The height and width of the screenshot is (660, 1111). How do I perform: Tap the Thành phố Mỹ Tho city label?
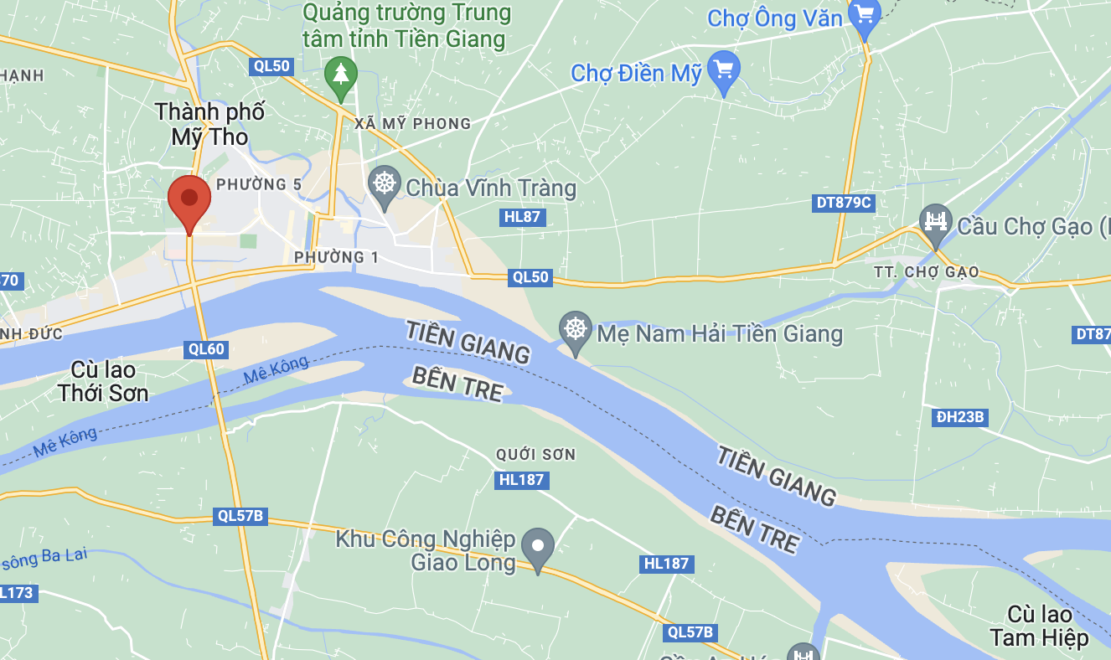click(209, 124)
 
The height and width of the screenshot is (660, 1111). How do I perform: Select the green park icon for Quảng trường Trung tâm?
click(341, 75)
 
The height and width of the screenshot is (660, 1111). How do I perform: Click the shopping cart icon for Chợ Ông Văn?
click(864, 15)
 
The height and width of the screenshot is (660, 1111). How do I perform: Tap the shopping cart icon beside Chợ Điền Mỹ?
click(723, 70)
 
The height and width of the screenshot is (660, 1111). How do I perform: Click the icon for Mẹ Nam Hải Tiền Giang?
click(576, 329)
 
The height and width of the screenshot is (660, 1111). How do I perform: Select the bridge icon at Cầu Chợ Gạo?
click(936, 223)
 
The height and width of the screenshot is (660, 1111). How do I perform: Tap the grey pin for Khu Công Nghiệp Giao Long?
click(538, 546)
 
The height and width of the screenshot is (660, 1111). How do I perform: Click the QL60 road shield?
click(206, 349)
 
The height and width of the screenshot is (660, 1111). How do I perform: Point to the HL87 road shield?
click(523, 218)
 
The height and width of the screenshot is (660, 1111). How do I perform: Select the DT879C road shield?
click(844, 203)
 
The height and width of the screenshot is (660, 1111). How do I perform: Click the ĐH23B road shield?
click(959, 417)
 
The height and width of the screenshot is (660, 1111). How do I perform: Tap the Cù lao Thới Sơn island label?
click(104, 381)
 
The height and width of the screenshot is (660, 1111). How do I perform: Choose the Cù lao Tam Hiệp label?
click(1039, 626)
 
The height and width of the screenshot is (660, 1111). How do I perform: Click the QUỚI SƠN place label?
click(535, 455)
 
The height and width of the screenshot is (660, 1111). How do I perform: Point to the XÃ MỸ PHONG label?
click(412, 124)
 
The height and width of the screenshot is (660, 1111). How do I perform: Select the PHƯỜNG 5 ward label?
click(259, 184)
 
